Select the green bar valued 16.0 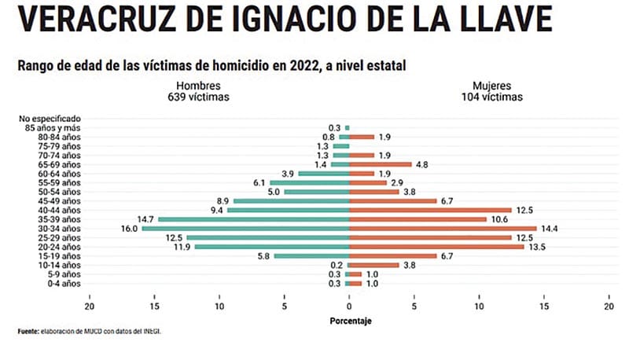[245, 229]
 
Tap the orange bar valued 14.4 [443, 229]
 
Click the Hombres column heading [198, 85]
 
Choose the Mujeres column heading [493, 85]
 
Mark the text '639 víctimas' [198, 97]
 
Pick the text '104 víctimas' [493, 97]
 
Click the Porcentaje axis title [350, 321]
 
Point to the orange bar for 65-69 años [381, 164]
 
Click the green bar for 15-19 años [311, 256]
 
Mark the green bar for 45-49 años [292, 201]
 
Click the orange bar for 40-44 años [430, 210]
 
